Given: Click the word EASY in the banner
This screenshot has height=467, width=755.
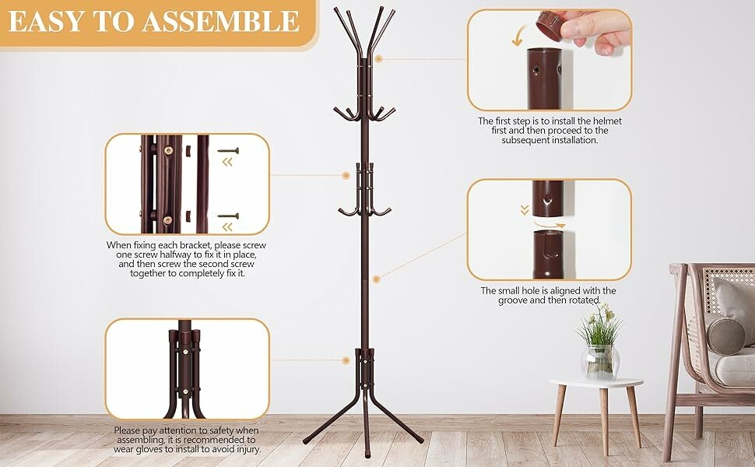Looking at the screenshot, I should (x=44, y=21).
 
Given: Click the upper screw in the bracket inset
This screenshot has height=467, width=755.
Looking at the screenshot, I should (x=227, y=150).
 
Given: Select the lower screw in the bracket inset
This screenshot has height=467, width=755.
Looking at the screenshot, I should (x=227, y=215).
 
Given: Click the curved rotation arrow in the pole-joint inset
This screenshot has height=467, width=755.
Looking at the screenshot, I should (x=550, y=223).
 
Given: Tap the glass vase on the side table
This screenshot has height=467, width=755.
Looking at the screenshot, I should (x=600, y=361).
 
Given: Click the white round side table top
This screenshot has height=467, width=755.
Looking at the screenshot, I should (x=596, y=383).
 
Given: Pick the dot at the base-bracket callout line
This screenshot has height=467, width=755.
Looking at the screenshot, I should (x=346, y=360).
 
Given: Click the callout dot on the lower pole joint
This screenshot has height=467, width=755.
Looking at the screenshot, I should (x=376, y=278).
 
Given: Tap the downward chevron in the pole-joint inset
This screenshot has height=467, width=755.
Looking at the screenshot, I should (x=525, y=210).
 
